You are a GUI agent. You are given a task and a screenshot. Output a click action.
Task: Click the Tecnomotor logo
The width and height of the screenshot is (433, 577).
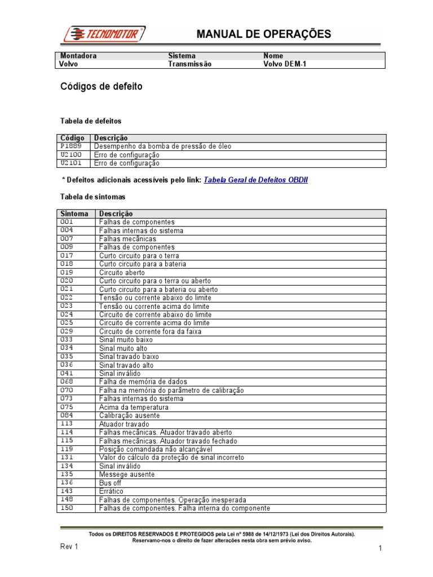(x=105, y=34)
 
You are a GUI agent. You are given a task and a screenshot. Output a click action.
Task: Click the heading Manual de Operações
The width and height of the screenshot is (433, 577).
(x=263, y=34)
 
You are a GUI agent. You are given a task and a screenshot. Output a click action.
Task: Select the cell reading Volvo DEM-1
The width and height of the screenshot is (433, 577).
(x=285, y=64)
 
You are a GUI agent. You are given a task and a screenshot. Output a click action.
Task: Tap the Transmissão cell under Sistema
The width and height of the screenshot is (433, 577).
(x=190, y=64)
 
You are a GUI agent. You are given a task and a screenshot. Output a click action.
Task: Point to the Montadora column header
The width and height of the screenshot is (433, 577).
(x=78, y=56)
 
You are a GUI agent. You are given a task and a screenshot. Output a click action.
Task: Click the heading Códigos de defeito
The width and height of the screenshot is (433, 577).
(x=101, y=87)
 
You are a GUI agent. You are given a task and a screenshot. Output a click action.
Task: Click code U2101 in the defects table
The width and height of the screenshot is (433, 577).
(x=71, y=163)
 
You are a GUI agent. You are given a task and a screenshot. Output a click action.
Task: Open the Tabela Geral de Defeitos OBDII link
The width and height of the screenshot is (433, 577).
(x=255, y=180)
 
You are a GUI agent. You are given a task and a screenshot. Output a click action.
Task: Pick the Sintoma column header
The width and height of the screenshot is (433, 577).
(x=74, y=214)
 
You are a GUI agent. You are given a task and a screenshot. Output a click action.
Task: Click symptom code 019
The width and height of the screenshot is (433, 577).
(x=67, y=272)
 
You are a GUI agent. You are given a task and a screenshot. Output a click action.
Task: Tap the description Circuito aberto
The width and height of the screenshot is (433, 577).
(x=122, y=272)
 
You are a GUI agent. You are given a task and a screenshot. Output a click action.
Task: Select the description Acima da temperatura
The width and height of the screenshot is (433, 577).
(x=134, y=407)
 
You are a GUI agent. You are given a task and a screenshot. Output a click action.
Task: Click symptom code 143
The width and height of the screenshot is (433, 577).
(x=67, y=491)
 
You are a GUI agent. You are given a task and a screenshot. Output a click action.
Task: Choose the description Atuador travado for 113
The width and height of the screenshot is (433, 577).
(x=124, y=424)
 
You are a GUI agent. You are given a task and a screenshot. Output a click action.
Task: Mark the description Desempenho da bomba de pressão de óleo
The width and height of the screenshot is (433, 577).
(x=162, y=146)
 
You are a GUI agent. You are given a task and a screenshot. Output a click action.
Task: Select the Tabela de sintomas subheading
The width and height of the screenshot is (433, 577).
(x=92, y=197)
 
